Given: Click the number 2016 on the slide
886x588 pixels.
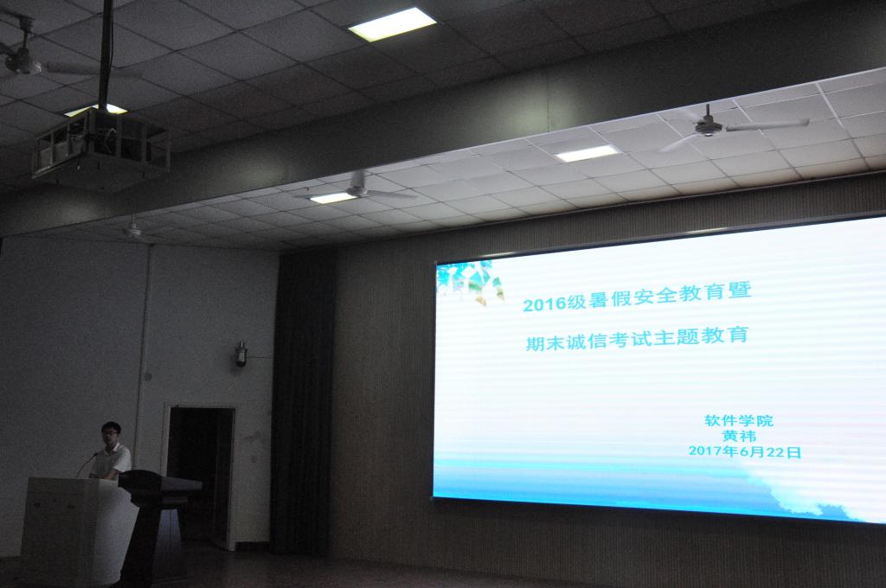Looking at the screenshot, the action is [544, 304].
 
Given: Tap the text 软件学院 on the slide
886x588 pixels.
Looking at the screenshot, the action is [739, 421].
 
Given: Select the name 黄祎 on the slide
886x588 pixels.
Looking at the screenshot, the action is [739, 436].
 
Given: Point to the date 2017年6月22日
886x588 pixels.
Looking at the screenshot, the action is [745, 451].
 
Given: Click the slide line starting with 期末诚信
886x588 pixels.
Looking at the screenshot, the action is [637, 338].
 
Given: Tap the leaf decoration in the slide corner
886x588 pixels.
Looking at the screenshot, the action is [469, 281].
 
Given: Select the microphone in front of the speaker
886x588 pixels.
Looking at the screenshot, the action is [87, 464].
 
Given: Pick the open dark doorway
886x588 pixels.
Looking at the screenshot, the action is [200, 475].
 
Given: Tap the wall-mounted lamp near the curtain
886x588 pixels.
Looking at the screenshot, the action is [241, 354].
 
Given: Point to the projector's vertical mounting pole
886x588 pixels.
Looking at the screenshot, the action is [105, 54].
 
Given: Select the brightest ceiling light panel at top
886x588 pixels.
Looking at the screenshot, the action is [392, 24].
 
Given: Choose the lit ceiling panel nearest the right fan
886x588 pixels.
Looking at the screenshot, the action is [587, 153].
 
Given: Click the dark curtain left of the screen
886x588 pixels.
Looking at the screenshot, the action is [303, 401].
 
